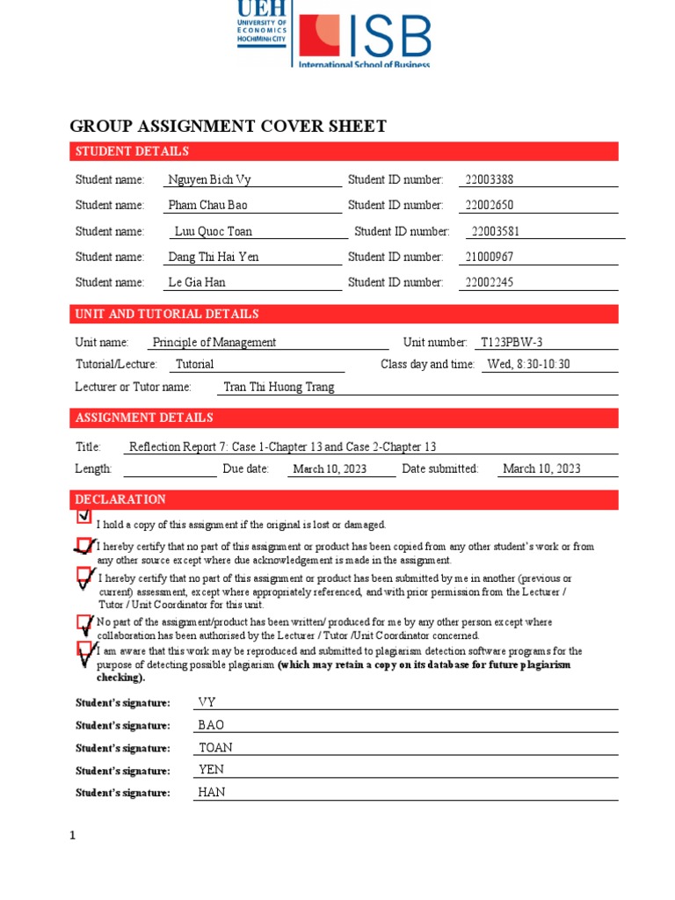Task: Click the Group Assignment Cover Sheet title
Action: point(228,126)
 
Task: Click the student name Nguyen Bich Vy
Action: point(209,179)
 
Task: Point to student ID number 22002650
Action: point(489,205)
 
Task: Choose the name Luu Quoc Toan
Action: point(214,231)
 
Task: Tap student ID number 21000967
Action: point(489,257)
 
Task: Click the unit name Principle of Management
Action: point(214,342)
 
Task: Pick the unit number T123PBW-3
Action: point(518,342)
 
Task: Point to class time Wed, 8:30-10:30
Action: point(529,364)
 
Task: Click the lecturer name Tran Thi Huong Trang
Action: point(279,387)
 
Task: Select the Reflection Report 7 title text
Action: point(282,446)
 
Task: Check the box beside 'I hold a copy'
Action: point(84,516)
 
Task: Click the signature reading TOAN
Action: point(215,747)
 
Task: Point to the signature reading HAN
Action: point(212,792)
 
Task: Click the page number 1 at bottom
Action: point(74,835)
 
